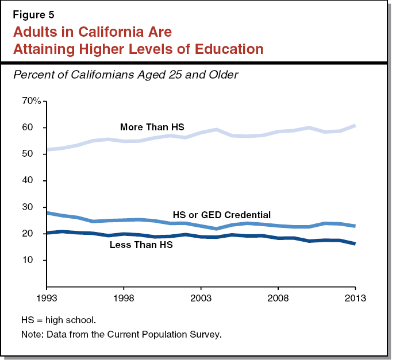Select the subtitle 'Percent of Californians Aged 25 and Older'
click(x=125, y=75)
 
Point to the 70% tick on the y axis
click(x=31, y=101)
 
